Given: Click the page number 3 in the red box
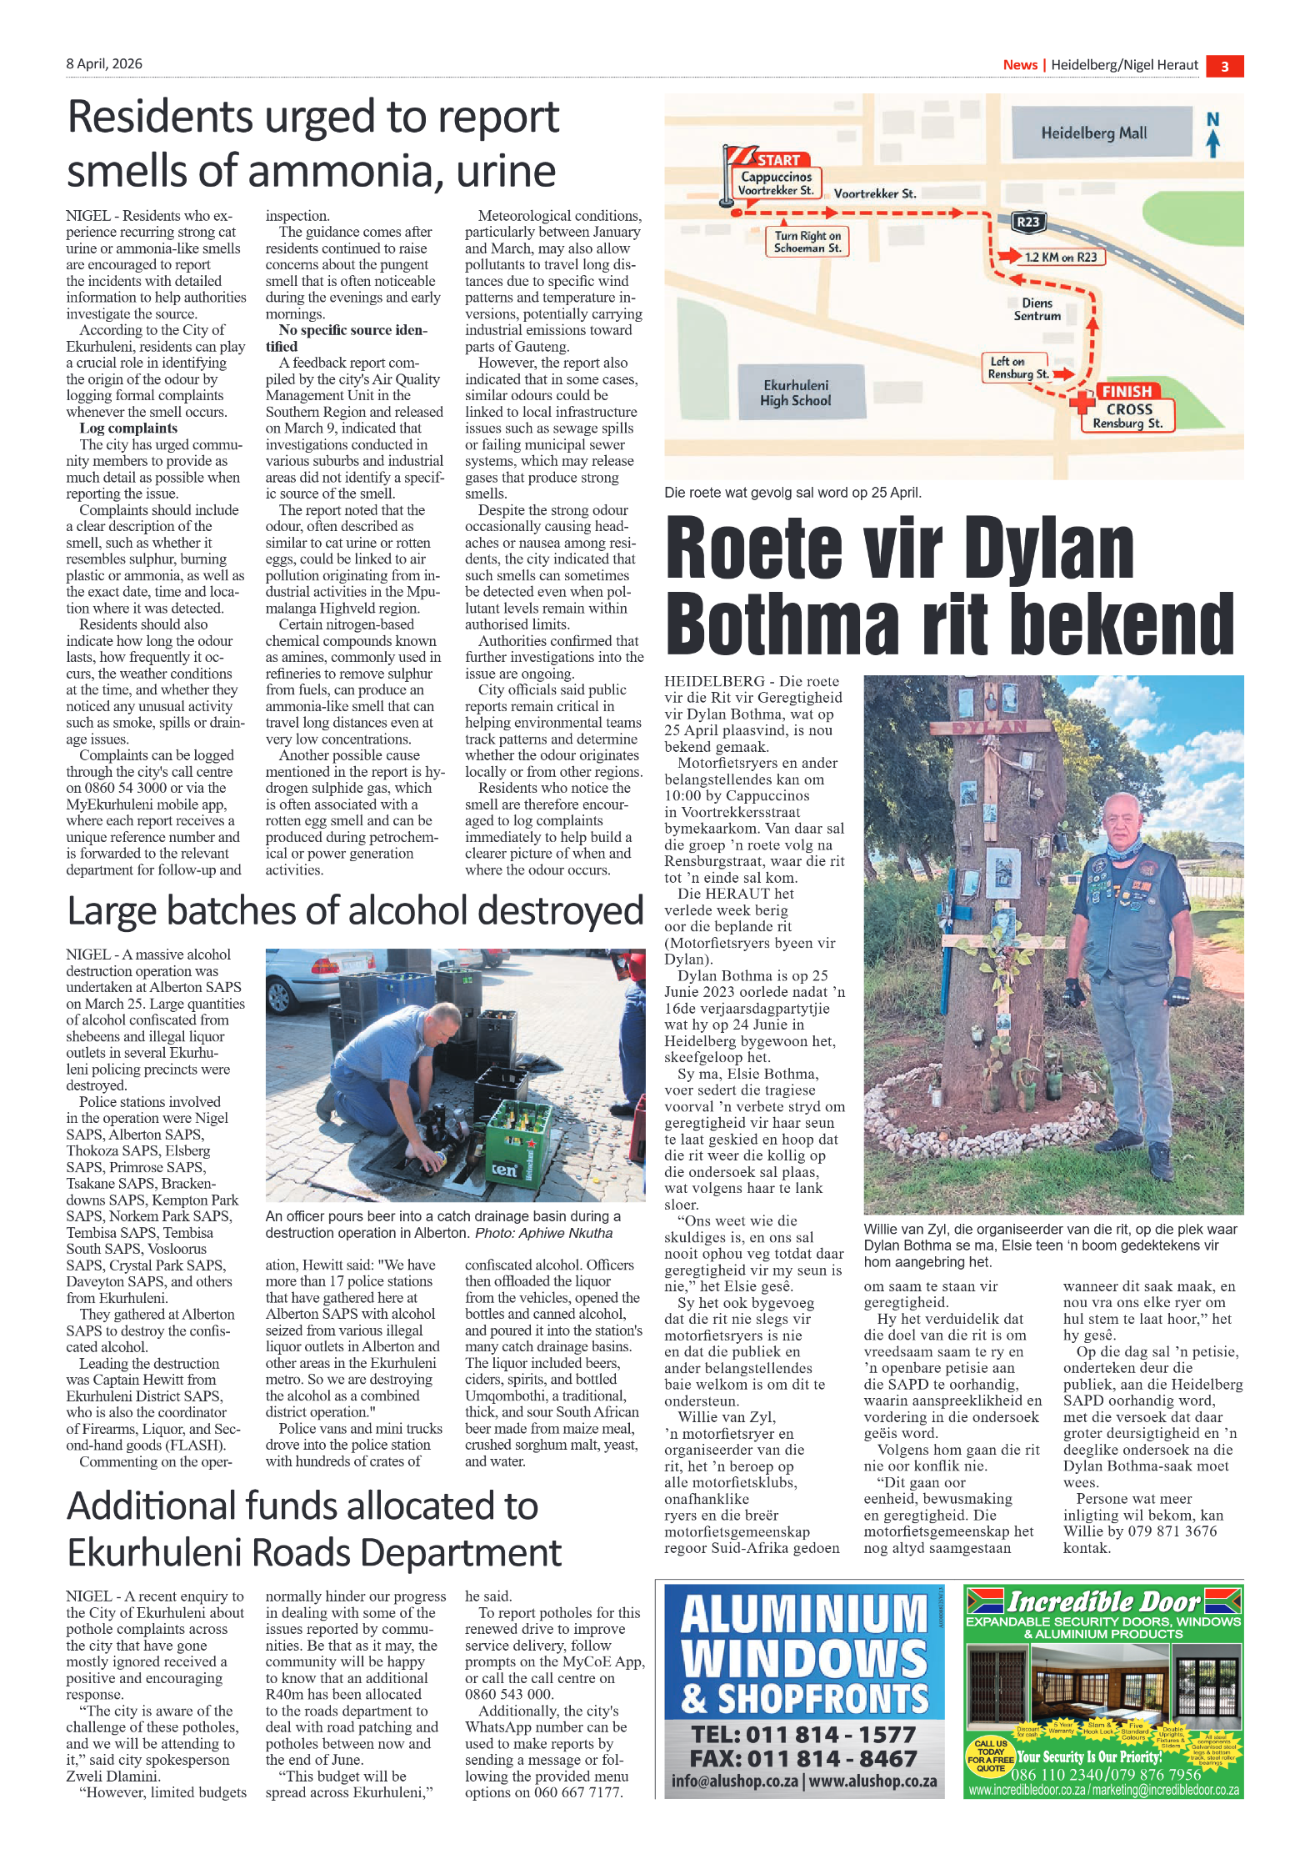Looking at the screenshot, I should pyautogui.click(x=1224, y=67).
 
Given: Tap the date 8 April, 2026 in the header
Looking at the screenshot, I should pyautogui.click(x=104, y=64).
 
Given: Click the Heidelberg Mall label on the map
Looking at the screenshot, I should pyautogui.click(x=1093, y=133).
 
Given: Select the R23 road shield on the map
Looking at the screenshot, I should pyautogui.click(x=1027, y=222).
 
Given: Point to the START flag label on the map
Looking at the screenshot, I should pyautogui.click(x=777, y=160).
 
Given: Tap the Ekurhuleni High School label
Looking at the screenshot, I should pyautogui.click(x=795, y=393).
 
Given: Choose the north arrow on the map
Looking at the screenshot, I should pyautogui.click(x=1212, y=135).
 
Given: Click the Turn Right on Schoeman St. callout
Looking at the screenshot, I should pyautogui.click(x=807, y=242).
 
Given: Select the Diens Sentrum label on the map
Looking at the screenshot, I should pyautogui.click(x=1037, y=309).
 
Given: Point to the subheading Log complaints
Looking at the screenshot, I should pyautogui.click(x=128, y=428).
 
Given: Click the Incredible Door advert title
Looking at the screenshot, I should pyautogui.click(x=1103, y=1601).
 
